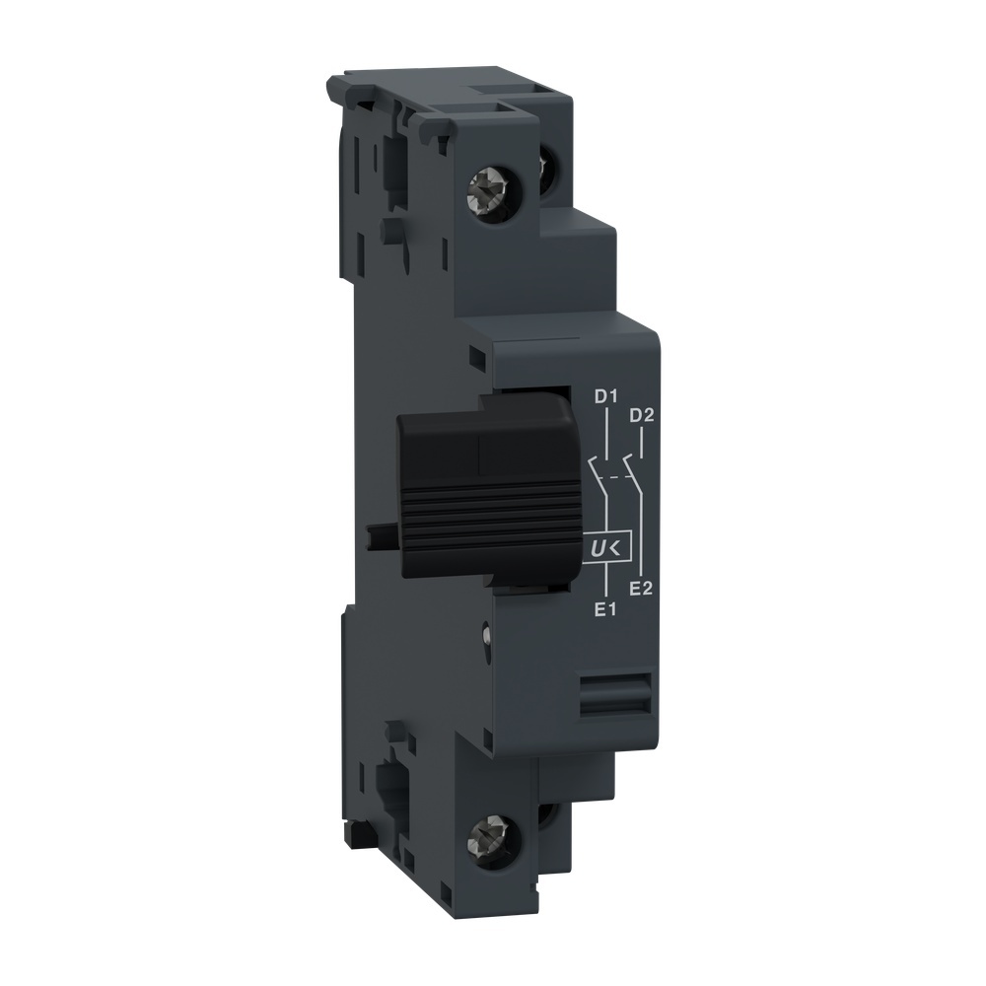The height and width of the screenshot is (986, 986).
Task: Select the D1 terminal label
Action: coord(604,397)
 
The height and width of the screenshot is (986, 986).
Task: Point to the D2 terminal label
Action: coord(642,414)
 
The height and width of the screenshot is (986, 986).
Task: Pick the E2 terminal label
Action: coord(642,589)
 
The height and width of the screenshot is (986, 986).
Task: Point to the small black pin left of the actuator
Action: coord(380,534)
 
